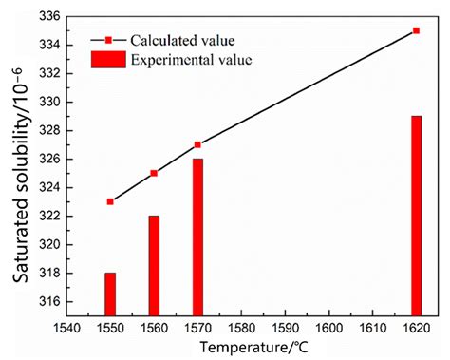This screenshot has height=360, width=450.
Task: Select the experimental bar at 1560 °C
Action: tap(154, 265)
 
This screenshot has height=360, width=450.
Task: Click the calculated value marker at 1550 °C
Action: tap(110, 201)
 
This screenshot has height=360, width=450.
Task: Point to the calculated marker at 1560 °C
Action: tap(154, 173)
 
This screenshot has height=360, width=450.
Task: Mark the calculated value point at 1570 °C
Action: tap(197, 144)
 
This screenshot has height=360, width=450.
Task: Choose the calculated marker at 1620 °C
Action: tap(416, 30)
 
